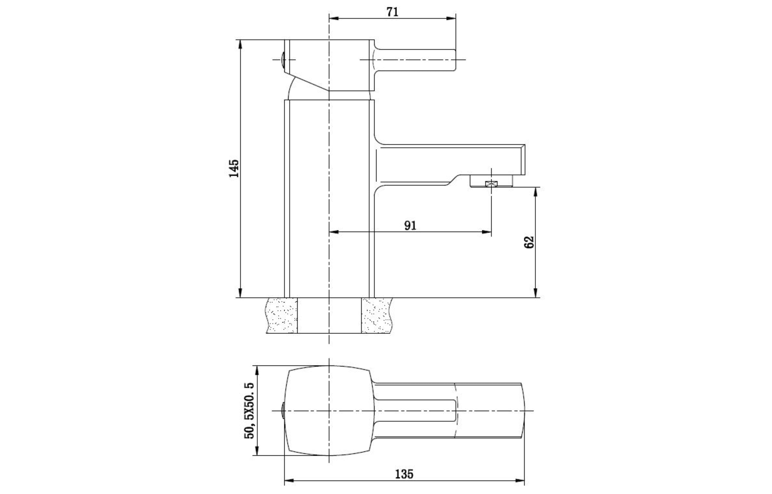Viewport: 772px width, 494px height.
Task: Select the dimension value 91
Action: [x=410, y=225]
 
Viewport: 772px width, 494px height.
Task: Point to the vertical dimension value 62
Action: [x=529, y=242]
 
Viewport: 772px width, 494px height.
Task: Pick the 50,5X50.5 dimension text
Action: [x=249, y=411]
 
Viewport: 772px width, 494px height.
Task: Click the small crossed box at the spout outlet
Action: [x=491, y=184]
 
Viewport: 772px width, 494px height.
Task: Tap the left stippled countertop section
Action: [x=281, y=315]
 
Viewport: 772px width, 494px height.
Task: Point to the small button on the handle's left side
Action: [x=283, y=60]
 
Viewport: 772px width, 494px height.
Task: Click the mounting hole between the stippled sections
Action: [x=329, y=315]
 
